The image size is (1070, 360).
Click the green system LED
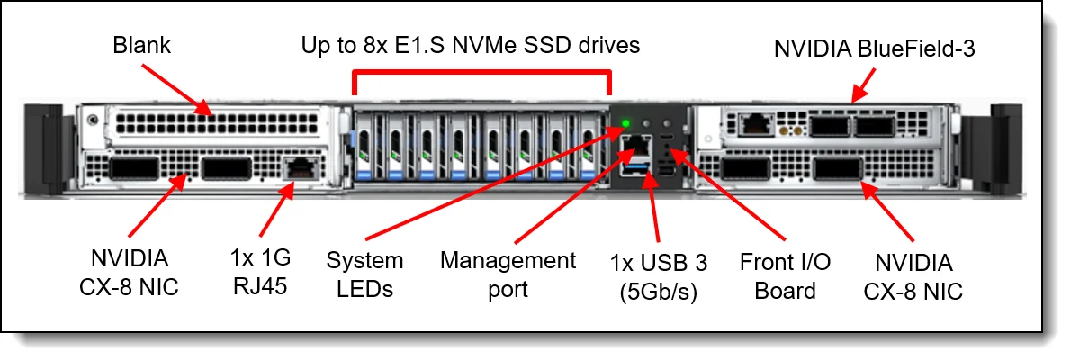coord(626,125)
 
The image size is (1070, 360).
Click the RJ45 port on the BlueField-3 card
coord(752,124)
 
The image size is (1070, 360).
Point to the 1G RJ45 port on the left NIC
coord(299,167)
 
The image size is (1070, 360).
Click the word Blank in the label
coord(142,46)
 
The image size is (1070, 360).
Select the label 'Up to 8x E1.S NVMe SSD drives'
coord(471,46)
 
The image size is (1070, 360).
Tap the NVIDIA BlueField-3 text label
coord(874,49)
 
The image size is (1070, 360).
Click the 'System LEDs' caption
coord(364,274)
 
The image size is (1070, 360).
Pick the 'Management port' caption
coord(508,274)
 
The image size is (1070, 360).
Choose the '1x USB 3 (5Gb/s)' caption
coord(658,276)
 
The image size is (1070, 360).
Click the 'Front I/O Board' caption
coord(785,276)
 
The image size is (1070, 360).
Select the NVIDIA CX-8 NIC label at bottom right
coord(913,276)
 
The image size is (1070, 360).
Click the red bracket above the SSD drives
coord(481,71)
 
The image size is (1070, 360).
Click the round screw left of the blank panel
coord(92,121)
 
